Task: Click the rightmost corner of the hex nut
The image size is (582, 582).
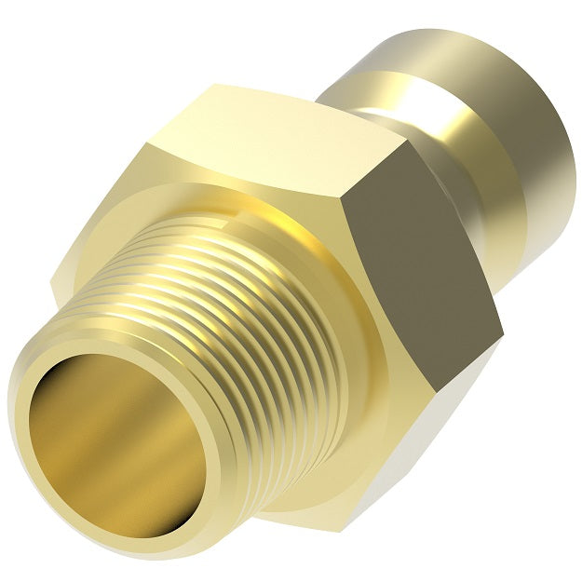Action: [x=503, y=331]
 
